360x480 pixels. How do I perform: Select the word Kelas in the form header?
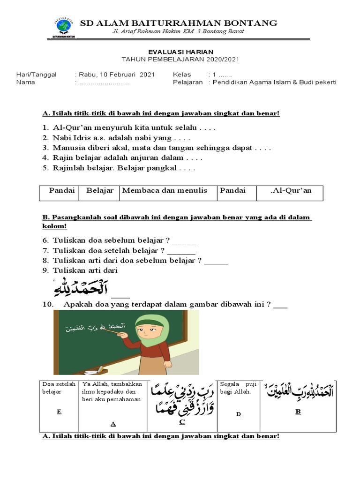click(x=182, y=75)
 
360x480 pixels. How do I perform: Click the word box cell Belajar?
click(x=100, y=191)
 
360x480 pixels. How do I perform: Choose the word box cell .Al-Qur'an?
click(x=291, y=191)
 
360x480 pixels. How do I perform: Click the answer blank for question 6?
click(x=184, y=242)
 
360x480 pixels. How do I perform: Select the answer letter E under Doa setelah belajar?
click(x=59, y=412)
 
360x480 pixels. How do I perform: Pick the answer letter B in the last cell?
click(x=297, y=412)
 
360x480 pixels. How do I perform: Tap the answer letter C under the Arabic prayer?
click(x=182, y=422)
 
